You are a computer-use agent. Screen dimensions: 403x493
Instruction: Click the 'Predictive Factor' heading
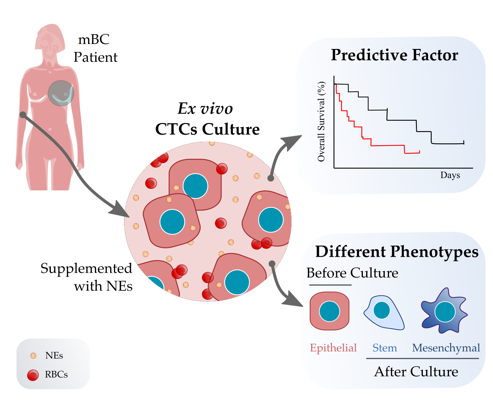point(394,55)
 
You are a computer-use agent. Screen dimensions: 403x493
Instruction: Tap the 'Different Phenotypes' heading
point(397,252)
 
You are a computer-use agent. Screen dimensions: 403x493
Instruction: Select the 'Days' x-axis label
point(450,175)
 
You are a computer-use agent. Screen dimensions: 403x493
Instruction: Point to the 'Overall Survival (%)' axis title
point(321,121)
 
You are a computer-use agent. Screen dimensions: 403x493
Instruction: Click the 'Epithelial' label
point(333,348)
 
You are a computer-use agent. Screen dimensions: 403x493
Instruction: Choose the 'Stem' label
point(384,348)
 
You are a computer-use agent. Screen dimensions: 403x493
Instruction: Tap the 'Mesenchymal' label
point(446,348)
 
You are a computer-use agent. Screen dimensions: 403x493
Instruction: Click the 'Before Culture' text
point(352,273)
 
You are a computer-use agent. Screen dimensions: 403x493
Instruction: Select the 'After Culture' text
point(416,372)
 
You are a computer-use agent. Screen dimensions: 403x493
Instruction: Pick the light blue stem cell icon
point(383,312)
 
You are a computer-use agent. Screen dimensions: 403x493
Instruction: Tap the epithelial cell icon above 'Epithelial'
point(329,311)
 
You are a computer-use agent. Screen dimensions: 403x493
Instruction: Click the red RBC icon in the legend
point(33,375)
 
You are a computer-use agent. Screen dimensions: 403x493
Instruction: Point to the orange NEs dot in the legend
point(33,356)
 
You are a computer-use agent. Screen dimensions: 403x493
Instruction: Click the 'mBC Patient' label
point(95,49)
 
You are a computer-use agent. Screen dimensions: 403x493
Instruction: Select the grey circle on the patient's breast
point(61,93)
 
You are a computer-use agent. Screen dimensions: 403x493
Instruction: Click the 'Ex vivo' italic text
point(205,109)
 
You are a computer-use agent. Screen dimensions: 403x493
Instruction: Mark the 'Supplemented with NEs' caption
point(87,277)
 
